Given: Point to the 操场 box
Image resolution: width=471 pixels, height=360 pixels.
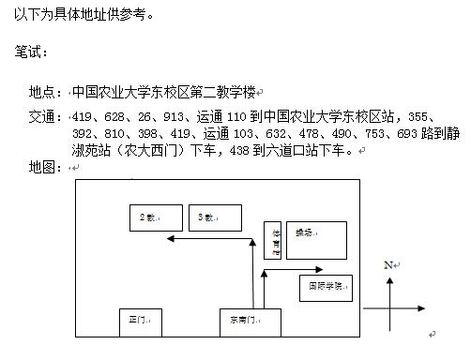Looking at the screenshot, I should point(316,240).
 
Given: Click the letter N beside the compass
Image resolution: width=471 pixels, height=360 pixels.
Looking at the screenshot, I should point(387,266).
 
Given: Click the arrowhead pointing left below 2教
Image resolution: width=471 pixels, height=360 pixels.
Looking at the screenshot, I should point(169,241).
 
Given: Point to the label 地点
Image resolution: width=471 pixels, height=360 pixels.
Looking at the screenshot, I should point(43,93).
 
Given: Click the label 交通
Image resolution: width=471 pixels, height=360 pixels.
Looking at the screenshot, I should point(43,117).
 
